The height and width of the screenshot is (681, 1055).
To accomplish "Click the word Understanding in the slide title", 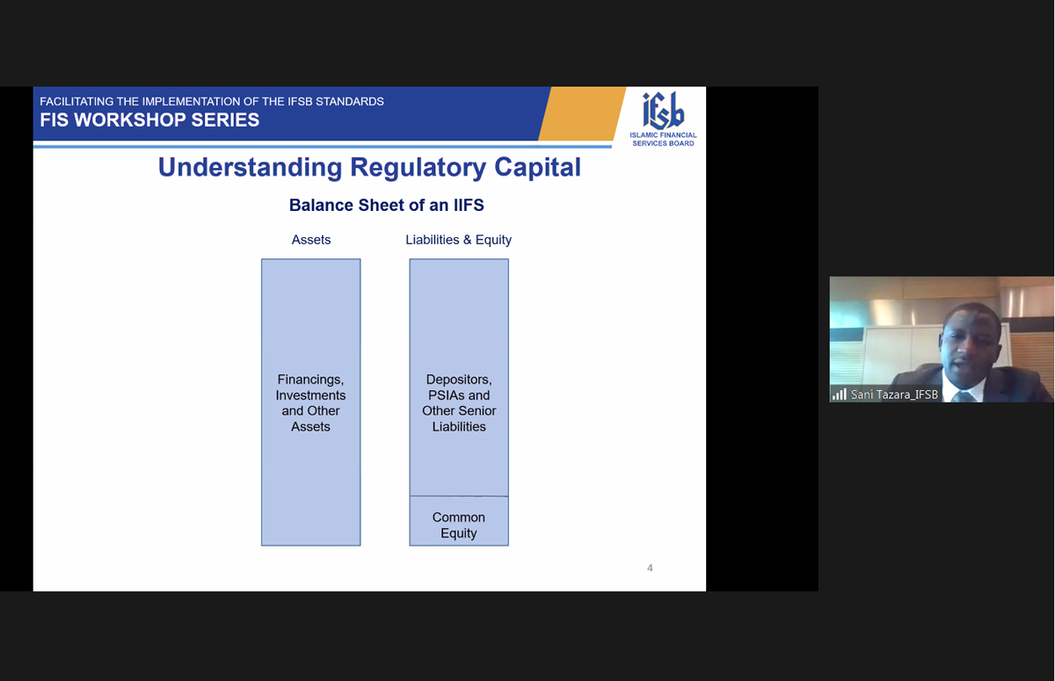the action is pyautogui.click(x=250, y=168).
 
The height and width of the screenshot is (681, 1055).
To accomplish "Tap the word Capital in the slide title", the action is pyautogui.click(x=537, y=168).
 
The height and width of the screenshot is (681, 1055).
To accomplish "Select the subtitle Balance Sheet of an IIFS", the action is pyautogui.click(x=386, y=206).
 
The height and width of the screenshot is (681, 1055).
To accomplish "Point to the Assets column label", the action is pyautogui.click(x=311, y=240).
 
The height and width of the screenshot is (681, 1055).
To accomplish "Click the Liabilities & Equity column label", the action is pyautogui.click(x=458, y=240).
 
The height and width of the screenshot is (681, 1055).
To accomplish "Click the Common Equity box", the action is pyautogui.click(x=459, y=521).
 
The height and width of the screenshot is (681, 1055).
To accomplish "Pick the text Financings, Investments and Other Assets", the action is pyautogui.click(x=310, y=402).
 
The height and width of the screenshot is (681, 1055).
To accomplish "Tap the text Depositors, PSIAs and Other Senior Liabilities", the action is pyautogui.click(x=459, y=402).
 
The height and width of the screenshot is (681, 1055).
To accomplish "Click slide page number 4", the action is pyautogui.click(x=650, y=568).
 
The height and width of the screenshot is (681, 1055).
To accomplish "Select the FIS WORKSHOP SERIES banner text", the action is pyautogui.click(x=149, y=120).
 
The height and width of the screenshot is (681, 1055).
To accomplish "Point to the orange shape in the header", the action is pyautogui.click(x=582, y=113).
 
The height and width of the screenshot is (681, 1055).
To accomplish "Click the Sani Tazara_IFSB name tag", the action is pyautogui.click(x=894, y=395).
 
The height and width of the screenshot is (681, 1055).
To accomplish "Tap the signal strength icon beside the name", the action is pyautogui.click(x=840, y=395).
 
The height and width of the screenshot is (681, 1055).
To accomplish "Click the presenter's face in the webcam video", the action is pyautogui.click(x=969, y=351).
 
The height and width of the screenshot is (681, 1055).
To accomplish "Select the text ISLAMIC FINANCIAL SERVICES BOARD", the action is pyautogui.click(x=663, y=140).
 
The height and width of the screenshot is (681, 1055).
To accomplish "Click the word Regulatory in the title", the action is pyautogui.click(x=418, y=168).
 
